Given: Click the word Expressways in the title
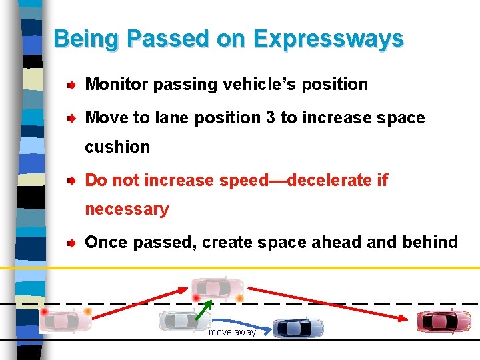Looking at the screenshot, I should point(328,39).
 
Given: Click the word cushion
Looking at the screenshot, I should point(117,147).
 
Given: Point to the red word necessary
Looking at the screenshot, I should point(127,209).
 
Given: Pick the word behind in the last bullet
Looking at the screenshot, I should point(430,242).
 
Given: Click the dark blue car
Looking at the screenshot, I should point(299,327).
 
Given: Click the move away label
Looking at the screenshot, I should point(232,332).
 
